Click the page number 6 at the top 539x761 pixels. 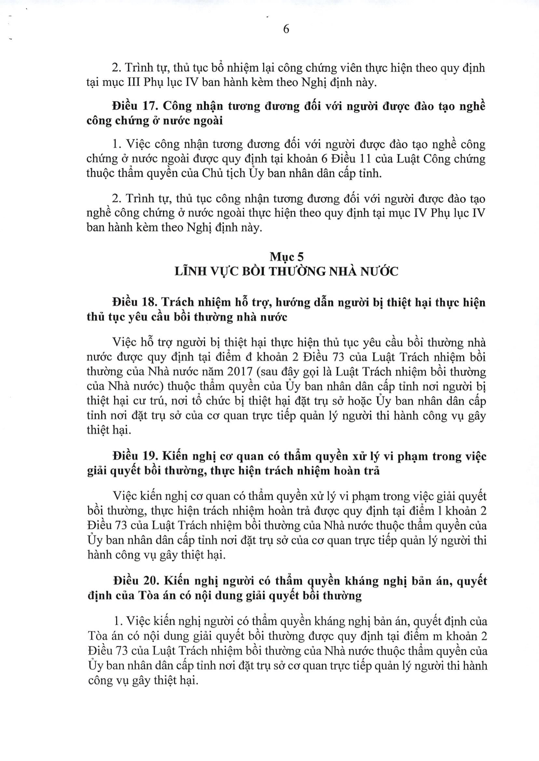286,29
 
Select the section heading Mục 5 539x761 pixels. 286,257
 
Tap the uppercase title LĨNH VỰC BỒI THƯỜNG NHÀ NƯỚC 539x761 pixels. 286,271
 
